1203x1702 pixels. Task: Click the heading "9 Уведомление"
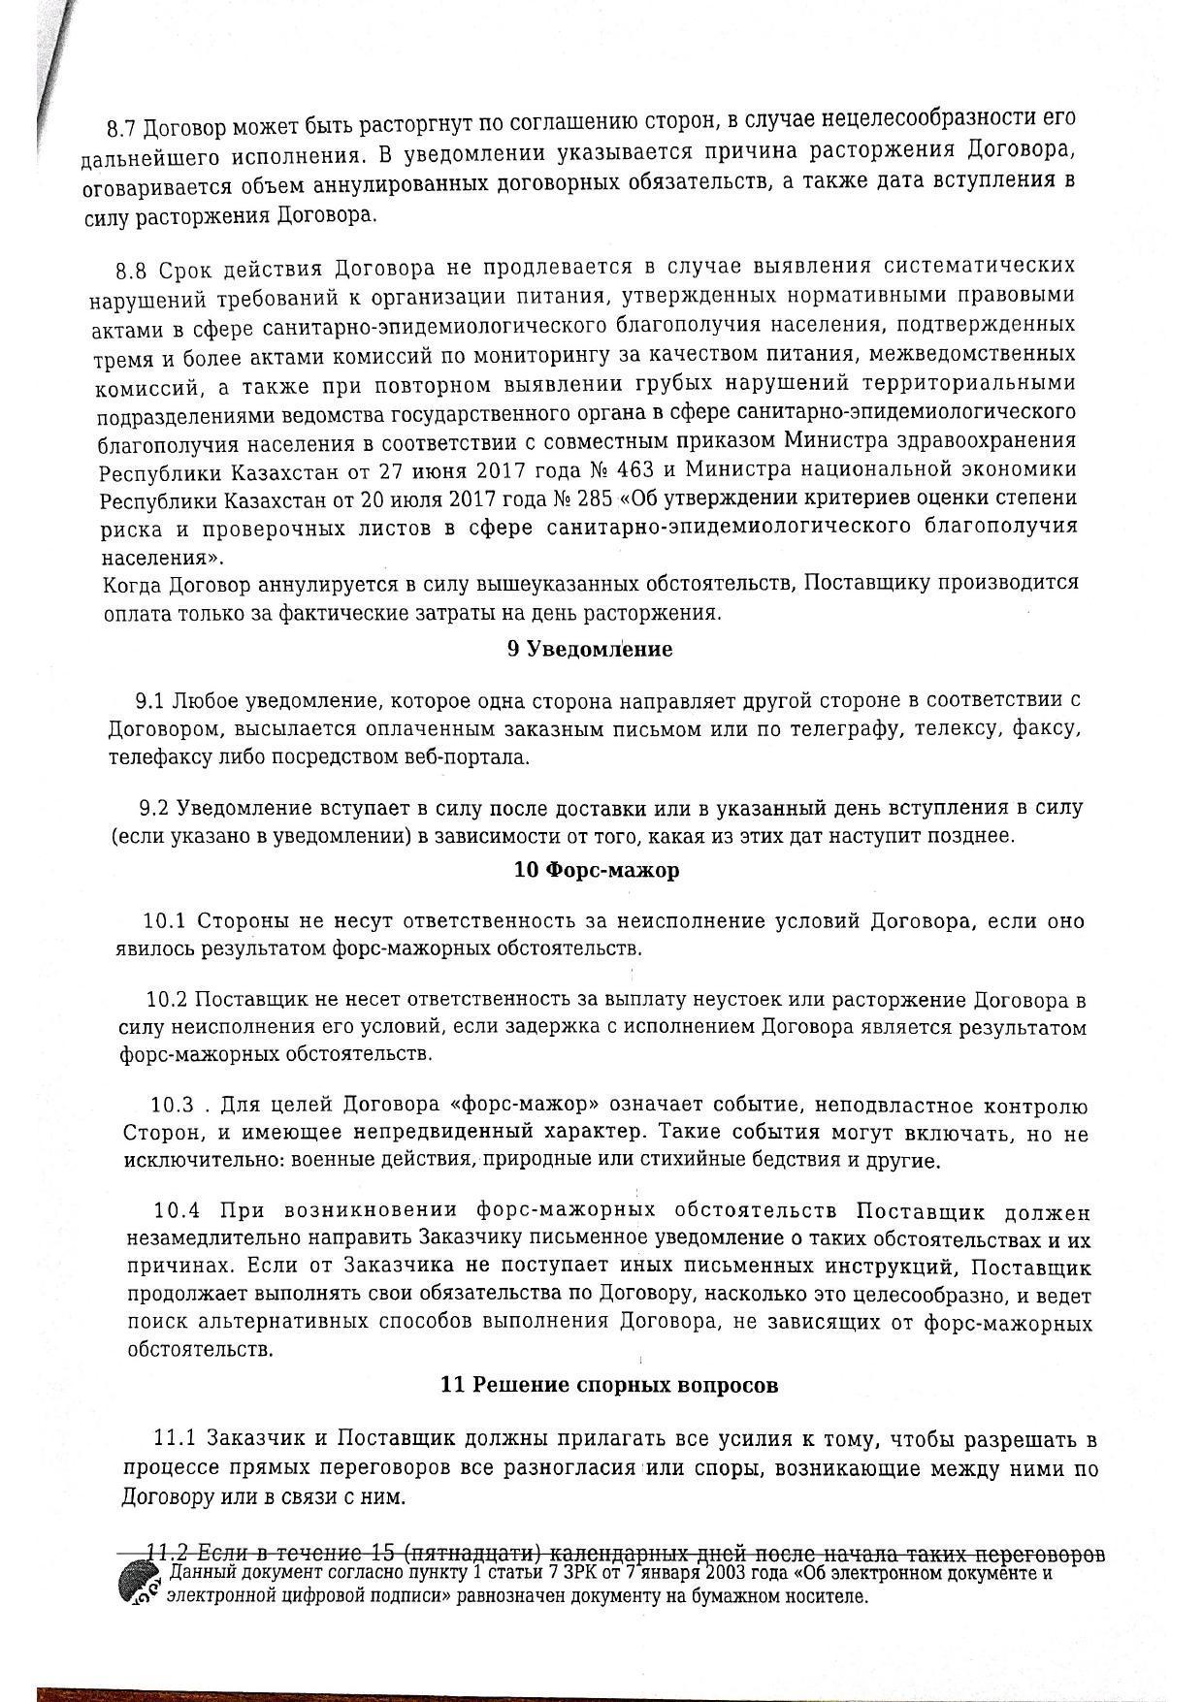[x=589, y=650]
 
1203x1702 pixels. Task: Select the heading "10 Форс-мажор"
[x=596, y=870]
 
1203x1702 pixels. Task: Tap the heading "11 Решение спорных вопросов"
[x=608, y=1385]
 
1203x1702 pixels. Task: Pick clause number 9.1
[x=153, y=700]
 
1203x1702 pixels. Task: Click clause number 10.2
[x=167, y=999]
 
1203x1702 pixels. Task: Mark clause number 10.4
[x=177, y=1211]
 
